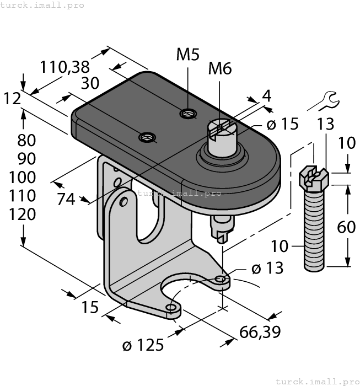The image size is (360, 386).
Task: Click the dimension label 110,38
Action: [x=65, y=67]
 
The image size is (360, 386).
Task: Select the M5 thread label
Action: [x=188, y=55]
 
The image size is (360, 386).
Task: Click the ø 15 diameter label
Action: [x=281, y=124]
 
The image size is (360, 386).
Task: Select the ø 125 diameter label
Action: [x=143, y=345]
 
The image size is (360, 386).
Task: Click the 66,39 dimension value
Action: [x=260, y=331]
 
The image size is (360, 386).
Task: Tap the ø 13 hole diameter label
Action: [x=267, y=268]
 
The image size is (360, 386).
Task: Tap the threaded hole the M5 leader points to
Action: [x=188, y=114]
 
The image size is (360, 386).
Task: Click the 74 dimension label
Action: [x=66, y=199]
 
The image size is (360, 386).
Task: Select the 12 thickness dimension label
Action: [x=12, y=99]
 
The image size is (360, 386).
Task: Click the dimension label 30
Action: [x=90, y=83]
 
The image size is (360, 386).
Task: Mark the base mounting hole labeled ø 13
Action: [x=221, y=279]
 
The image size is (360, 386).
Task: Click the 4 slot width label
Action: [x=266, y=95]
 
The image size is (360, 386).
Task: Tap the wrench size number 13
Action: [x=325, y=125]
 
